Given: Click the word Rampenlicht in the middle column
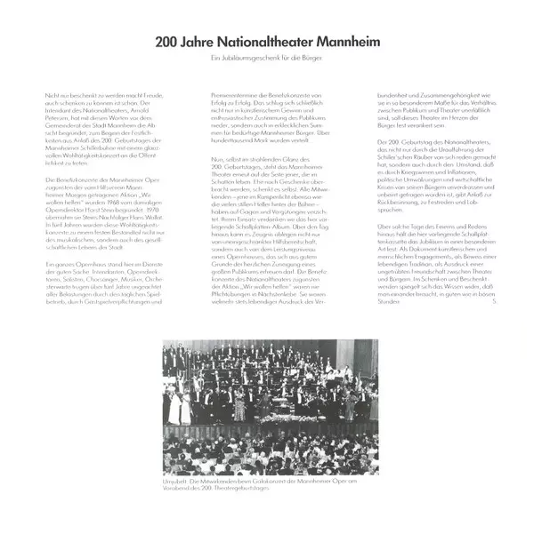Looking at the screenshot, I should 261,201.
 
